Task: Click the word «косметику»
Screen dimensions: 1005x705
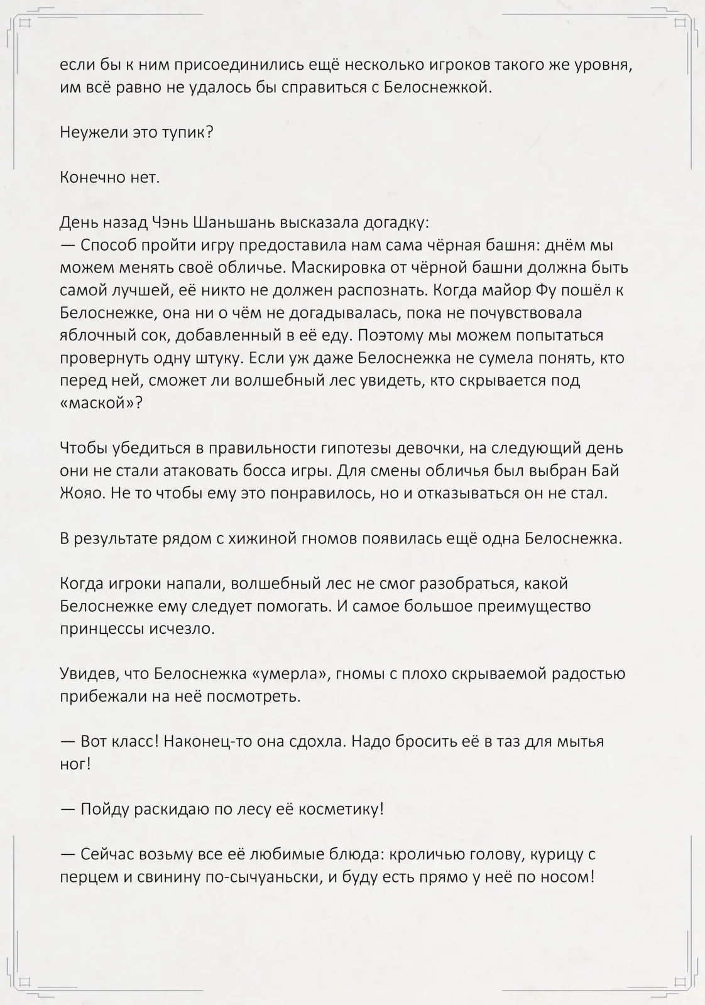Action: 339,809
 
